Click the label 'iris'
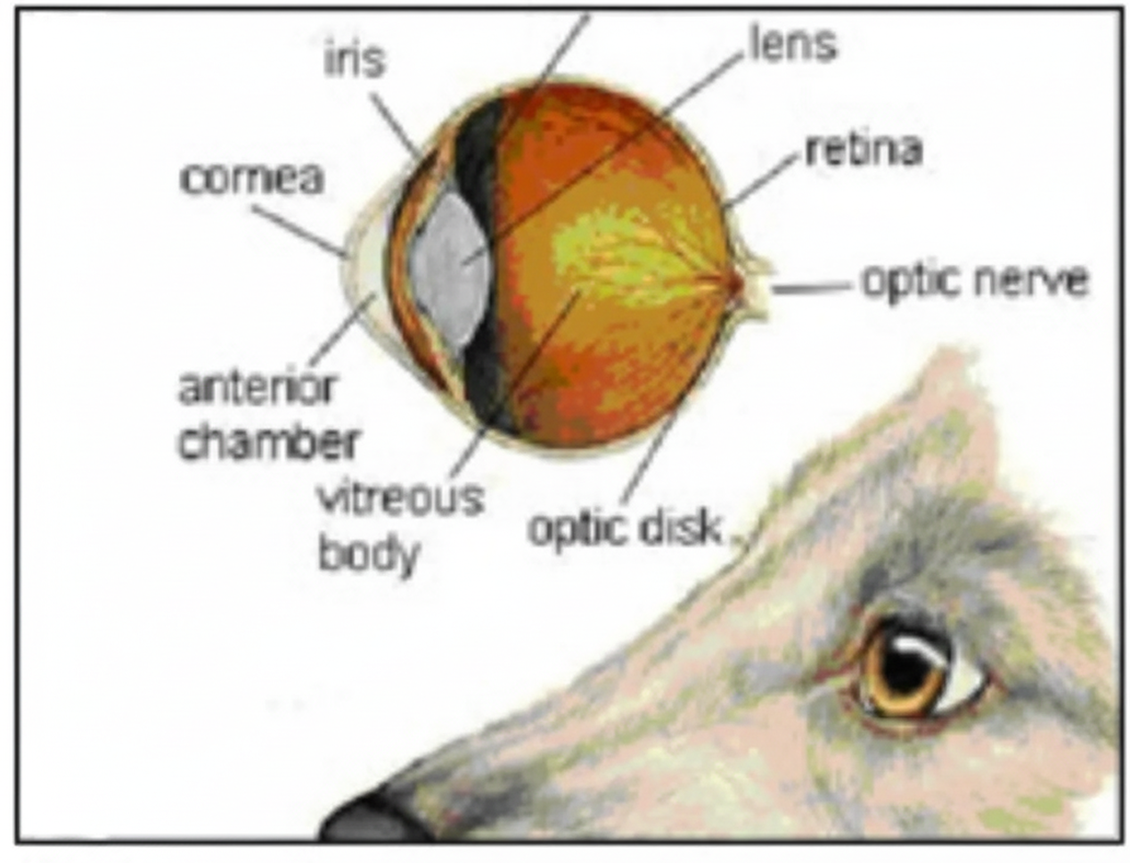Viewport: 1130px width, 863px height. coord(355,60)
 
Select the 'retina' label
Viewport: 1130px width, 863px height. coord(863,149)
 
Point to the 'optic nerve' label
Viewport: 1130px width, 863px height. coord(974,280)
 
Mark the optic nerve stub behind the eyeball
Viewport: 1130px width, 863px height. coord(753,285)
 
